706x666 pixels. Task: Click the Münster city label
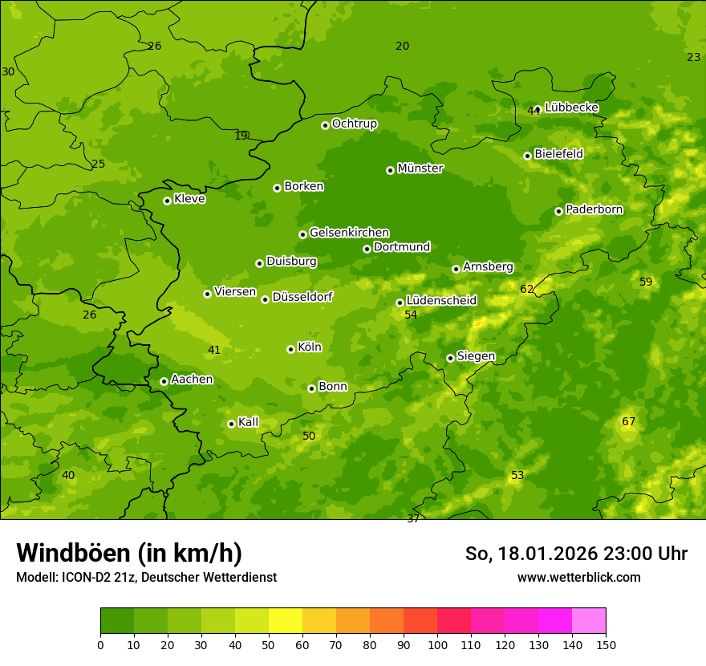(420, 169)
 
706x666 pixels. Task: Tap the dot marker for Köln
(290, 349)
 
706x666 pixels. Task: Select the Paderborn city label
(594, 209)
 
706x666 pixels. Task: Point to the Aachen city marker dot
(164, 381)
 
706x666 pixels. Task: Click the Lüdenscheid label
(441, 301)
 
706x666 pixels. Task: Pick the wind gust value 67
(628, 422)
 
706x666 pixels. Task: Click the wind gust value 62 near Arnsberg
(526, 289)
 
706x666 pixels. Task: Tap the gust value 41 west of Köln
(214, 350)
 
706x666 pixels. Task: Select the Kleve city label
(189, 199)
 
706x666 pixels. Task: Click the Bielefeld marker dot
(527, 156)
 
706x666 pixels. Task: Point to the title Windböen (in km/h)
(129, 553)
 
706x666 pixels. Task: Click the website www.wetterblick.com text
(578, 577)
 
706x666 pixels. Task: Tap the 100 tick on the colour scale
(437, 644)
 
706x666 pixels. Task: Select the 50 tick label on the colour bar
(269, 644)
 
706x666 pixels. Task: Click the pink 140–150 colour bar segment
(589, 620)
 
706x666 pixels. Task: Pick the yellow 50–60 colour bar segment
(286, 620)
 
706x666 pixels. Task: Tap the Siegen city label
(476, 356)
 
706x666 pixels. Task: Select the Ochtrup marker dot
(325, 125)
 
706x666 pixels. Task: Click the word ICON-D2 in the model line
(83, 577)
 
